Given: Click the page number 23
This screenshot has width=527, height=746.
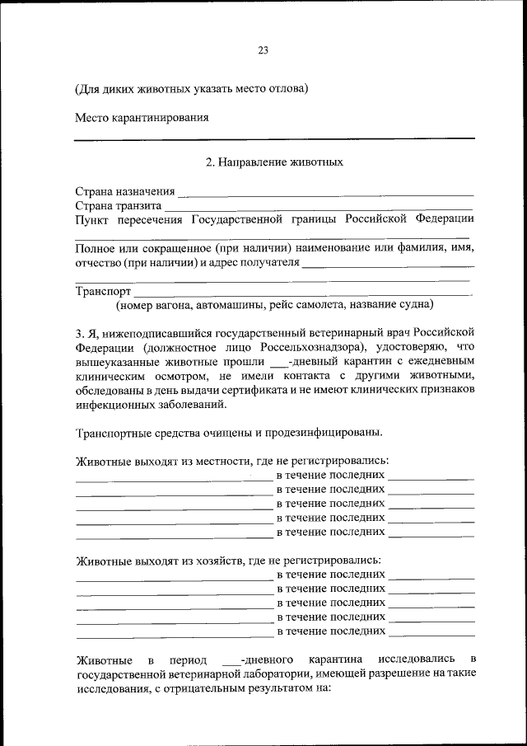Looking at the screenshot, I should (263, 49).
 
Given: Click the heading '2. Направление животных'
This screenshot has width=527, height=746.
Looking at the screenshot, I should (274, 162).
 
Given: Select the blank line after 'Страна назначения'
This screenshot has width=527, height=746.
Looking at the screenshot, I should (325, 194).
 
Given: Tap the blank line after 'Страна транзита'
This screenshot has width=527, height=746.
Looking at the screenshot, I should (318, 208).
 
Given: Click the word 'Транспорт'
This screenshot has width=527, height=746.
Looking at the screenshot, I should (103, 291).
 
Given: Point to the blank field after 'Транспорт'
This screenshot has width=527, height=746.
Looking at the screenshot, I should (302, 293).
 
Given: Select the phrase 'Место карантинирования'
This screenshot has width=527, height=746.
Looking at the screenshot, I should (141, 117).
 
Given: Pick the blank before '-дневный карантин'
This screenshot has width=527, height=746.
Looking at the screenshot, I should (279, 364).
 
